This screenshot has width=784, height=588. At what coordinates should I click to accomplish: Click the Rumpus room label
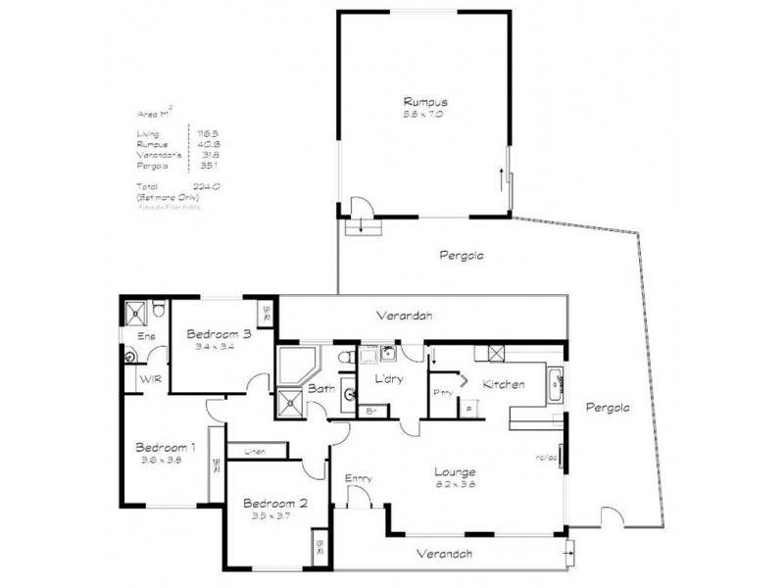pos(424,101)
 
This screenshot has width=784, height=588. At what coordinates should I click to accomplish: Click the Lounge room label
pos(456,471)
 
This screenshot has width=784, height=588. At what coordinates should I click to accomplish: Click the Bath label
pos(321,389)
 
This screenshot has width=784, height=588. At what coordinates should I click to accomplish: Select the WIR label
pos(151,379)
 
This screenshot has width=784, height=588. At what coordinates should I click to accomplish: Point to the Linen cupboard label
pos(254,452)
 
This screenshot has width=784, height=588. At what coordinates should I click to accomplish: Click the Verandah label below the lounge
pos(444,553)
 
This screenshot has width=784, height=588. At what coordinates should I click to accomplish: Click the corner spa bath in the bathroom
pos(295,366)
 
